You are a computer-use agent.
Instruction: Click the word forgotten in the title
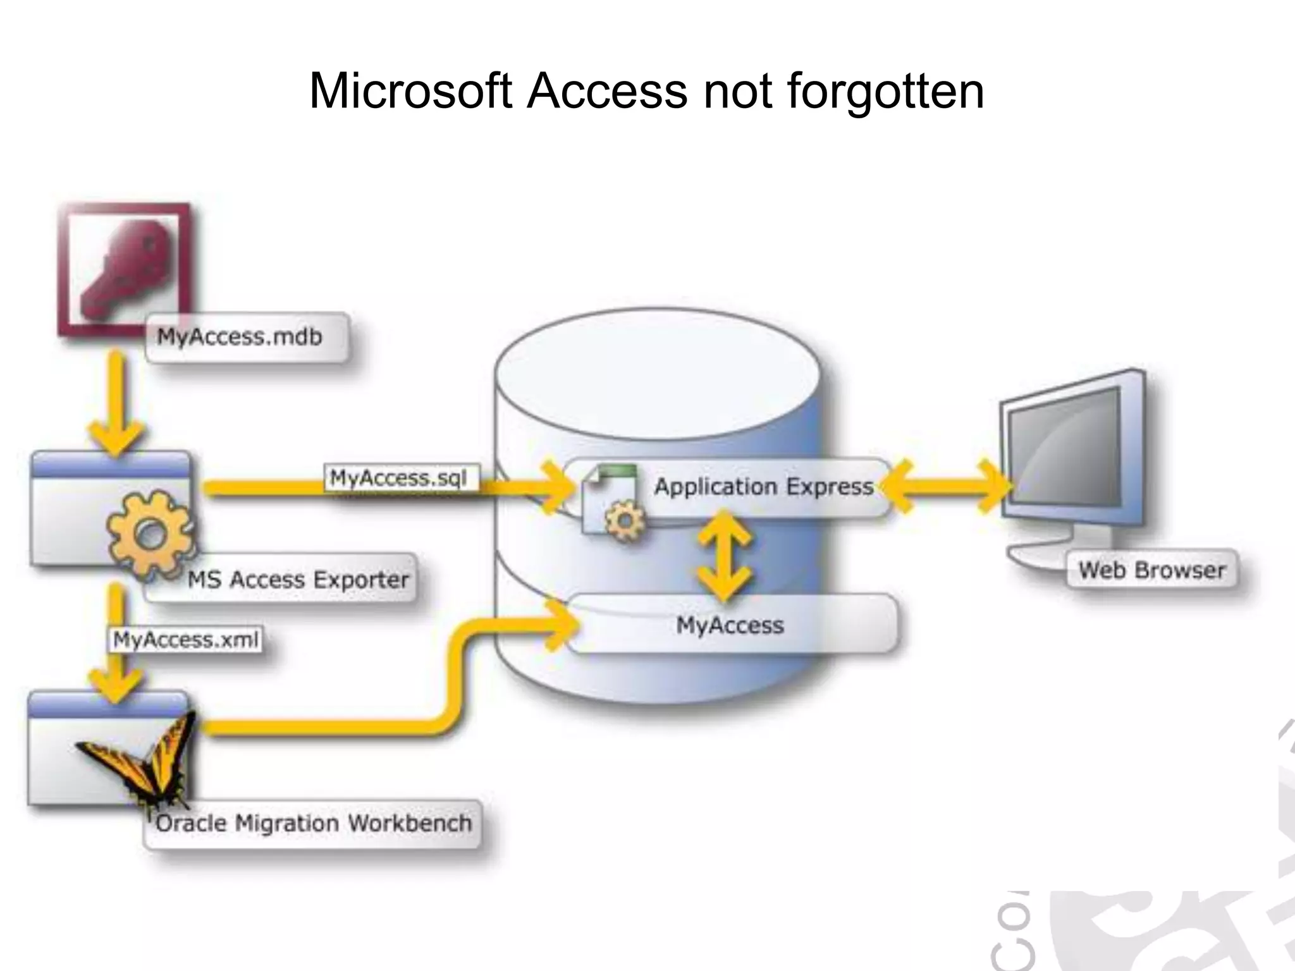[x=885, y=92]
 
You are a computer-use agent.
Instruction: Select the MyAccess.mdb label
[x=240, y=337]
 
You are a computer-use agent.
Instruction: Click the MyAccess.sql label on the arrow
[x=399, y=479]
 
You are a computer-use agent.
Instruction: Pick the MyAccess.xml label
[x=186, y=640]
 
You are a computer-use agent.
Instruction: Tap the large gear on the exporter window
[x=149, y=534]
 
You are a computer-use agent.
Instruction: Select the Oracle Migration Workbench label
[x=314, y=824]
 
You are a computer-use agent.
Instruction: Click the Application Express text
[x=764, y=487]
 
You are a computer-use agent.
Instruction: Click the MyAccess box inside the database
[x=730, y=625]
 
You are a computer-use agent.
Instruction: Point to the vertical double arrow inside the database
[x=724, y=556]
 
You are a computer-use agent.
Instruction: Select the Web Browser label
[x=1151, y=570]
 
